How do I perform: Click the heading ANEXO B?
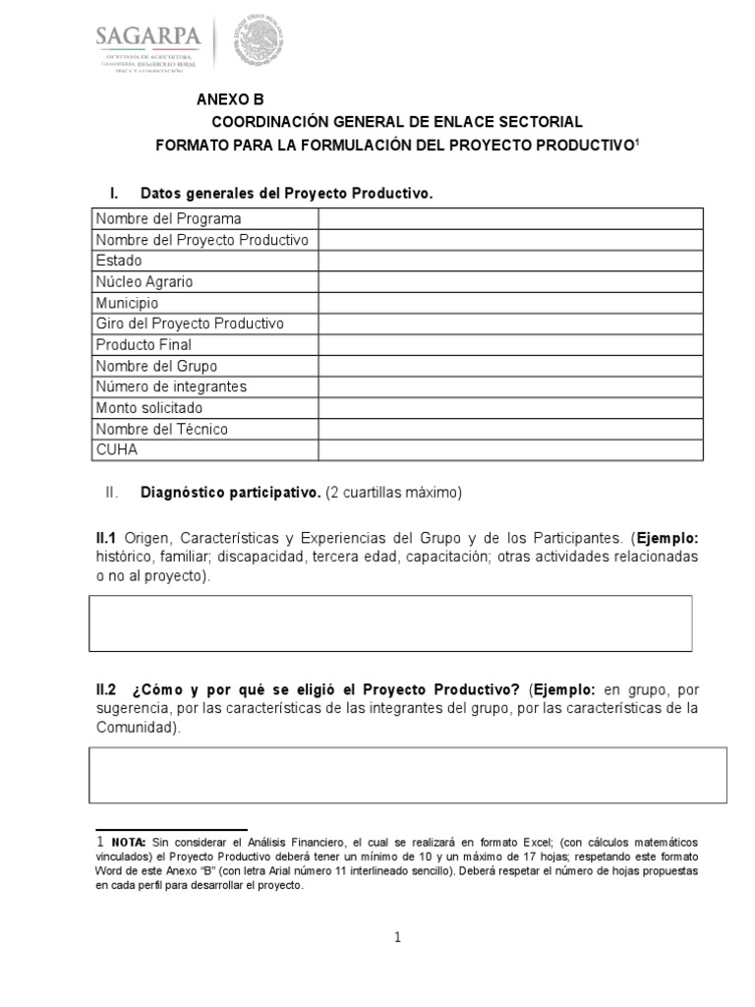pos(230,99)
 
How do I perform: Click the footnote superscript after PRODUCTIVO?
pos(636,142)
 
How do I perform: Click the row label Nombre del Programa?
pos(168,218)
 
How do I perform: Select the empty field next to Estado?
pos(509,261)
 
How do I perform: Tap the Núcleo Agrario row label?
pos(145,281)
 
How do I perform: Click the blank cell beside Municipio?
pos(509,303)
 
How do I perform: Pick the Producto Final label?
pos(144,344)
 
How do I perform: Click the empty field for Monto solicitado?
pos(509,407)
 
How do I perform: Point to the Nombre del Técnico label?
pos(161,429)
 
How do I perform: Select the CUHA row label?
pos(117,449)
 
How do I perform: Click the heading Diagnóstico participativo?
pos(231,492)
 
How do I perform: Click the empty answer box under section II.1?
pos(390,622)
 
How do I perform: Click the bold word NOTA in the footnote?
pos(128,843)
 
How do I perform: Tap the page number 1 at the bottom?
pos(398,938)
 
